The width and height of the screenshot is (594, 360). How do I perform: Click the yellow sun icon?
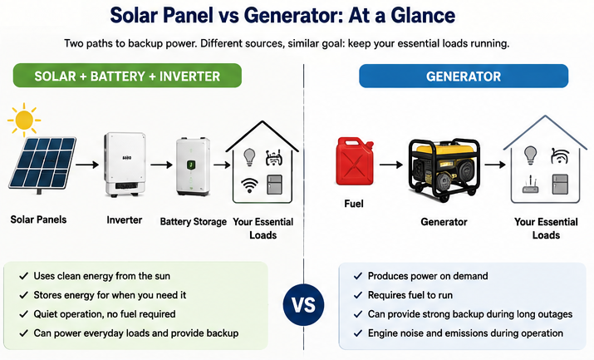(x=24, y=120)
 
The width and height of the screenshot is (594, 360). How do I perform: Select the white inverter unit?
(x=125, y=164)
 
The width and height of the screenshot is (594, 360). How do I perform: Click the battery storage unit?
(x=193, y=167)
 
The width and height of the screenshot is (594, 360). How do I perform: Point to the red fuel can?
(x=355, y=161)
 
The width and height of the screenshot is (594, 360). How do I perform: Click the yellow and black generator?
(x=444, y=170)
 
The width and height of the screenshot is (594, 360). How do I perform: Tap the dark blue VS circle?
(x=303, y=304)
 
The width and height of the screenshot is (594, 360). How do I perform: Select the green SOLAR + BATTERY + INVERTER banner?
(x=127, y=76)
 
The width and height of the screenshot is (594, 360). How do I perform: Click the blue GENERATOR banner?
(x=464, y=76)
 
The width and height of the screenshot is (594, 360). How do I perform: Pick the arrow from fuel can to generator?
(x=391, y=165)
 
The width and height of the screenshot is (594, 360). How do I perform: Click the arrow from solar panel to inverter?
(x=87, y=165)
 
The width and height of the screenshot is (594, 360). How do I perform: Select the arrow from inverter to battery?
(x=162, y=165)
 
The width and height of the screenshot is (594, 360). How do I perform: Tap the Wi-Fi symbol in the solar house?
(x=249, y=185)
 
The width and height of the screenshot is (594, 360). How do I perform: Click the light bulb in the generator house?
(x=530, y=155)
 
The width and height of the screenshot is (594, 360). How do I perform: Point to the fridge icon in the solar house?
(x=274, y=185)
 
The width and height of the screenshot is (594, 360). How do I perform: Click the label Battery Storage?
(x=194, y=222)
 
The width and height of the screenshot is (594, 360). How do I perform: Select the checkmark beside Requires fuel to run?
(x=358, y=295)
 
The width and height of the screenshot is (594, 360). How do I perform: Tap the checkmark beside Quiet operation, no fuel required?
(x=24, y=314)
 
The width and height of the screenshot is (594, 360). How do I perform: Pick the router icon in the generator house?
(x=530, y=185)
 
